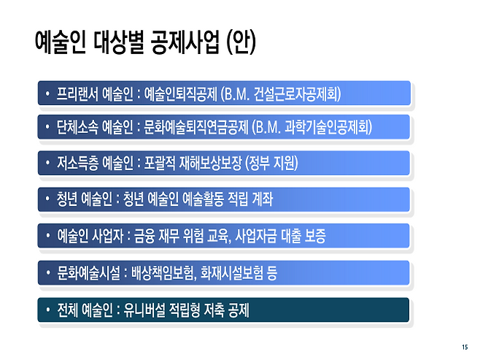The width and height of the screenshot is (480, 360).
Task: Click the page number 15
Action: [464, 346]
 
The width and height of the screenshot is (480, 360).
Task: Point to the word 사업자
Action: [106, 237]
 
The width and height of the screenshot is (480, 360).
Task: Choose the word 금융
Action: [144, 237]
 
